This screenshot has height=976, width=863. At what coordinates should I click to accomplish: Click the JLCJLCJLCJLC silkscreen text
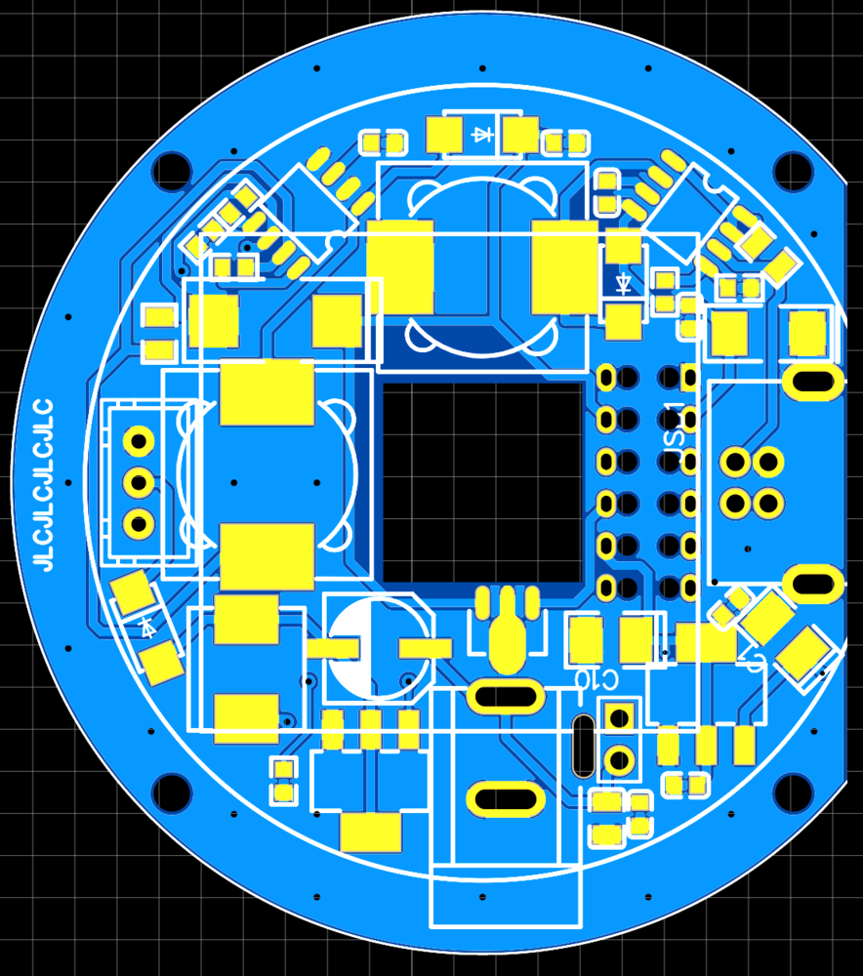click(42, 484)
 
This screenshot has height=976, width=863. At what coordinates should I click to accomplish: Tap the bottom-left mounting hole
click(172, 793)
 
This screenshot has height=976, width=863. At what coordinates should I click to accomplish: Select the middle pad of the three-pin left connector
click(140, 481)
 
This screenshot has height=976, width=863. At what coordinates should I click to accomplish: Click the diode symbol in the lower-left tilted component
click(148, 627)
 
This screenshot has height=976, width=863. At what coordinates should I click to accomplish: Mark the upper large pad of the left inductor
click(267, 392)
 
